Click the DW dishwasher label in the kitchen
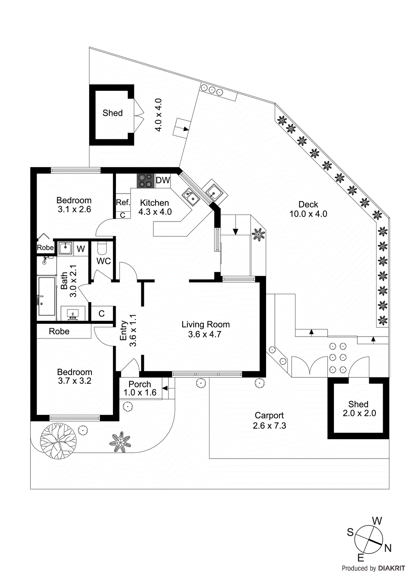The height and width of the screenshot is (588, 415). (163, 180)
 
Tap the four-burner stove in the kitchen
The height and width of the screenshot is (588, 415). (146, 181)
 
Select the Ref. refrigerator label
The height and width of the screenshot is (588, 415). (123, 202)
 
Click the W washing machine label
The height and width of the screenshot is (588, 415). (81, 249)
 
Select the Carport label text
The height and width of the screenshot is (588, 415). (269, 416)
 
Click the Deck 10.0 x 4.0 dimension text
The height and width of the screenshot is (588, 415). (308, 214)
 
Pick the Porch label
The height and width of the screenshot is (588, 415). (140, 384)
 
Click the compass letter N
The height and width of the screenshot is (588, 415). (388, 548)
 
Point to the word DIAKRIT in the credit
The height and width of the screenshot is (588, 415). (391, 568)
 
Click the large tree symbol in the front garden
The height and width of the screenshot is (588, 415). (58, 441)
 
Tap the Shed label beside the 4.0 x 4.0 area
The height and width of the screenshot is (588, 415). (112, 113)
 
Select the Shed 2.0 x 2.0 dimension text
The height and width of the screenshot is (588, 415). (359, 413)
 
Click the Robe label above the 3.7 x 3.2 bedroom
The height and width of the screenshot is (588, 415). (59, 331)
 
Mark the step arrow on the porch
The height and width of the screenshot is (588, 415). (165, 388)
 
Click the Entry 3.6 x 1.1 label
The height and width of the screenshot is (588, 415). (128, 330)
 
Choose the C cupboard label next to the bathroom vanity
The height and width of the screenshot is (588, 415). (102, 313)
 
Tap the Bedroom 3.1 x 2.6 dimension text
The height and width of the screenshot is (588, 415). (74, 209)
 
